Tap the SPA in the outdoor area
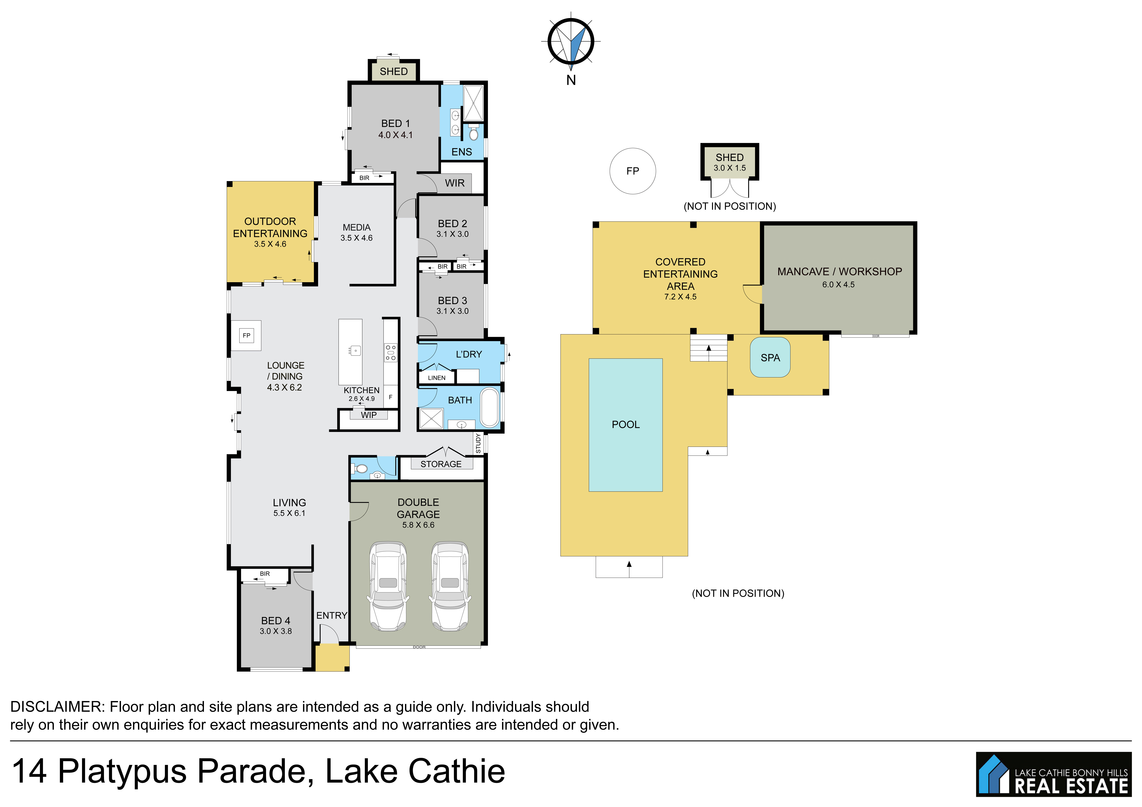coord(770,358)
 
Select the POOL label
coord(626,425)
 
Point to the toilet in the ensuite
coord(473,133)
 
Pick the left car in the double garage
coord(388,587)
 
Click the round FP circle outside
coord(633,171)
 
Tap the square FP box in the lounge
coord(246,336)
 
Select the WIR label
coord(455,183)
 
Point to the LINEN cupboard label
coord(437,378)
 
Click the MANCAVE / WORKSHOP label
coord(840,271)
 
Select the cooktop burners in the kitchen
coord(390,352)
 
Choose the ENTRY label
coord(332,616)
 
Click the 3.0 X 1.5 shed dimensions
coord(730,168)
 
